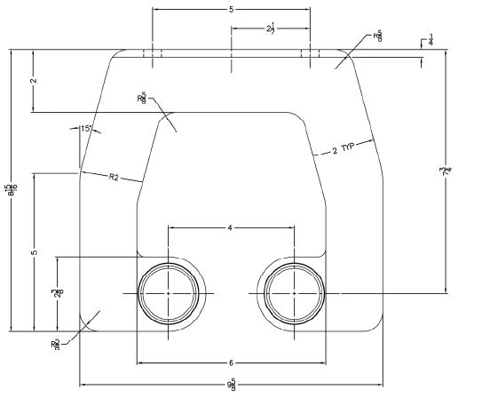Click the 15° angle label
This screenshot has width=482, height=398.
point(86,129)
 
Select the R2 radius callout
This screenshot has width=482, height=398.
point(114,178)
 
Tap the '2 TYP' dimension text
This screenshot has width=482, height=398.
point(341,149)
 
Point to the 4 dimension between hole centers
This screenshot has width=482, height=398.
point(230,228)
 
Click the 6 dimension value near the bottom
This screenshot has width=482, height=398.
point(231,363)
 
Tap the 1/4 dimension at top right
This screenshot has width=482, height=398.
point(431,40)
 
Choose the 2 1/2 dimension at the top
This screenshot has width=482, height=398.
point(270,29)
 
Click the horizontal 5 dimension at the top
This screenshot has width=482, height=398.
point(231,10)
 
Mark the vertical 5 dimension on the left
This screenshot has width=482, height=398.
point(34,252)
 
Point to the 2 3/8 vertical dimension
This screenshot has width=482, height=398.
point(55,292)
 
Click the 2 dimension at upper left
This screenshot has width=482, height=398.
point(33,81)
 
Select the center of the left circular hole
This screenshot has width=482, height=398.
point(169,292)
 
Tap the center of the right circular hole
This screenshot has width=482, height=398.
point(293,292)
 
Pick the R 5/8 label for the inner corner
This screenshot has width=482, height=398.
point(142,99)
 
